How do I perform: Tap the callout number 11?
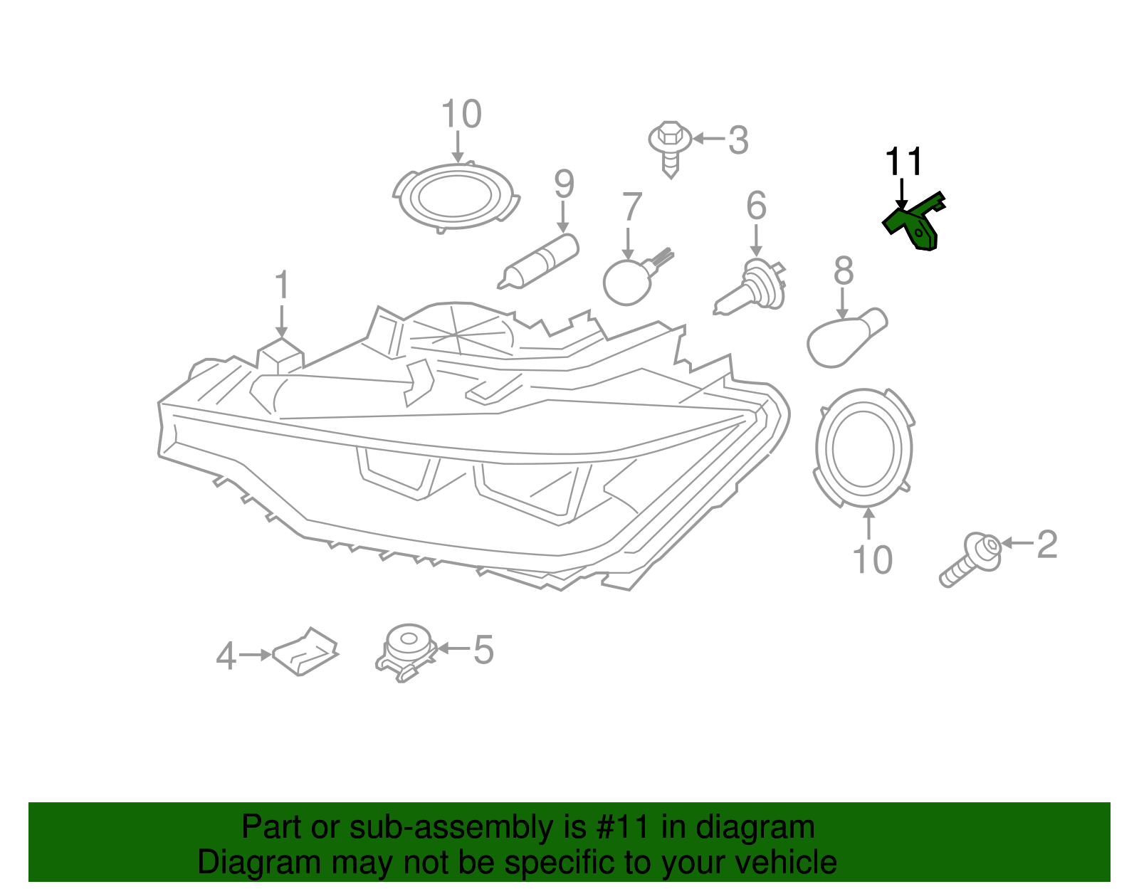[903, 162]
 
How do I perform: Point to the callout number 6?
[756, 206]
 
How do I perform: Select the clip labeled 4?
[305, 652]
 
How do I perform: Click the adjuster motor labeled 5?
[406, 651]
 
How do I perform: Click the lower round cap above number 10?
[864, 448]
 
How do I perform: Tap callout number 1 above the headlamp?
[282, 285]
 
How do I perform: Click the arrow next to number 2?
[1017, 544]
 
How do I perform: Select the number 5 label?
[483, 651]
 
